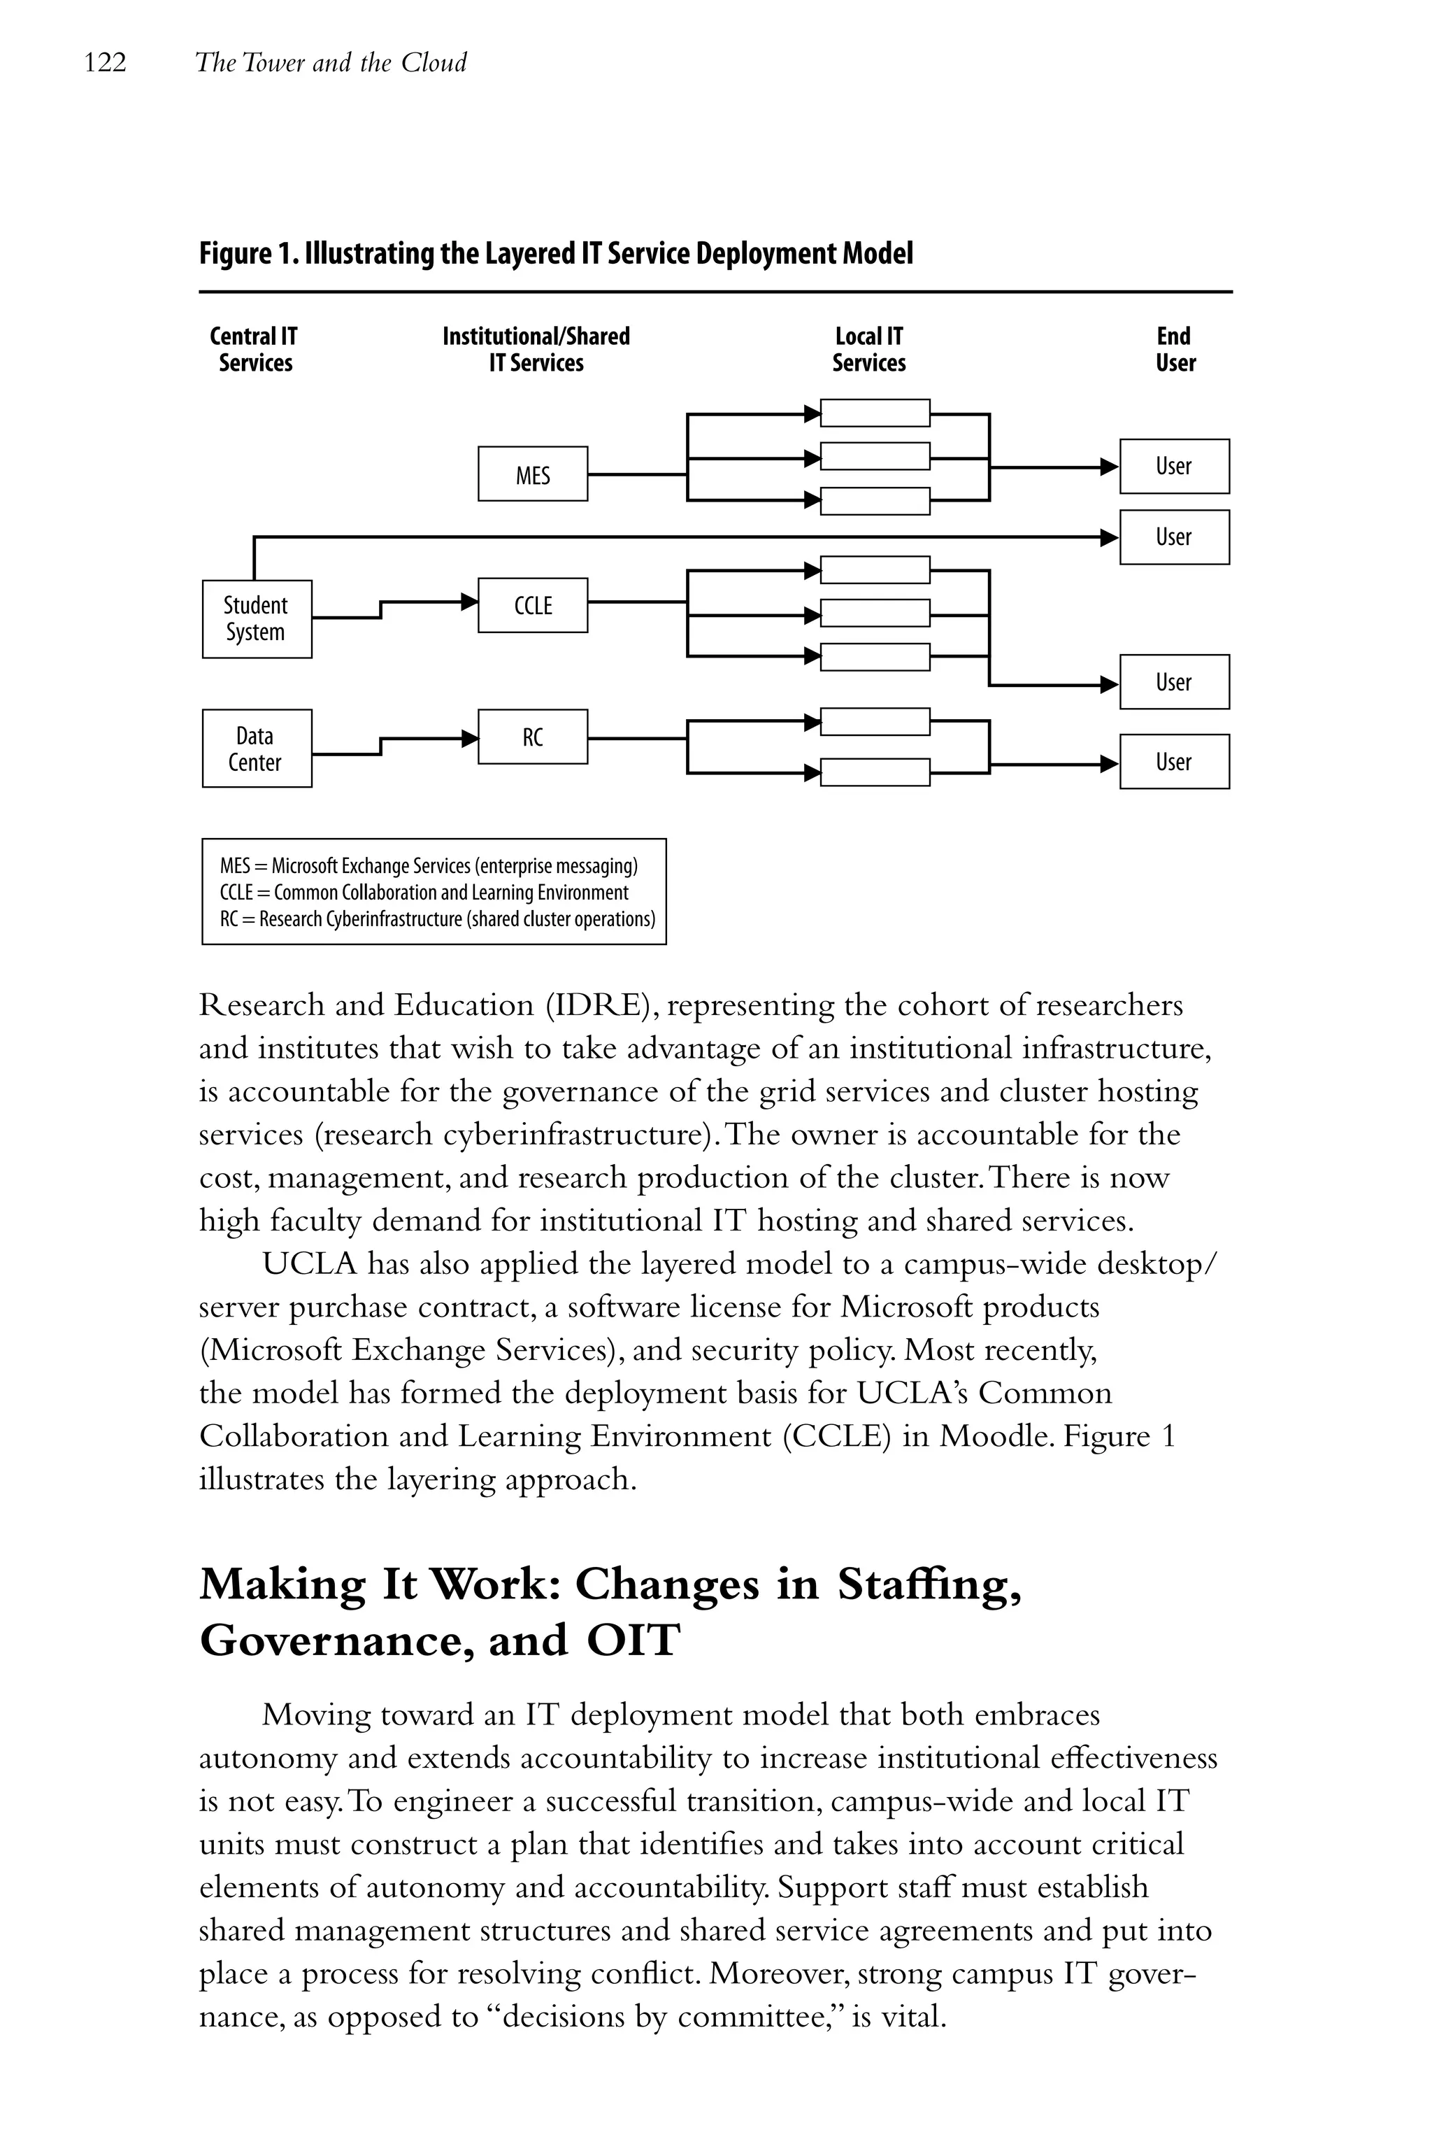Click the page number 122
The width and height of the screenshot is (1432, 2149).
[x=105, y=63]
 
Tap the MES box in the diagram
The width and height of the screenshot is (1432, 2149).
[x=532, y=474]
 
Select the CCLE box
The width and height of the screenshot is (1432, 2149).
[x=532, y=605]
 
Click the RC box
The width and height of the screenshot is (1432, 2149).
[x=532, y=737]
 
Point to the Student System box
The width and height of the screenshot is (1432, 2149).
[x=257, y=618]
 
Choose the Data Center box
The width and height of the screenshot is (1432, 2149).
[x=257, y=749]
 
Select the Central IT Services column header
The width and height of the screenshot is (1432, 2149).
[x=255, y=349]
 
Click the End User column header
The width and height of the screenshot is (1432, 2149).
[x=1175, y=349]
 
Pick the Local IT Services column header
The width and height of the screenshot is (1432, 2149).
[x=868, y=349]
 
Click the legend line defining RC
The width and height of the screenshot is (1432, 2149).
[x=436, y=919]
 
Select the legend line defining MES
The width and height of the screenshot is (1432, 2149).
[x=429, y=865]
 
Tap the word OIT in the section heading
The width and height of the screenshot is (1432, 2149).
[x=633, y=1640]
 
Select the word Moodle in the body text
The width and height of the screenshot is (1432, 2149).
[x=996, y=1436]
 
